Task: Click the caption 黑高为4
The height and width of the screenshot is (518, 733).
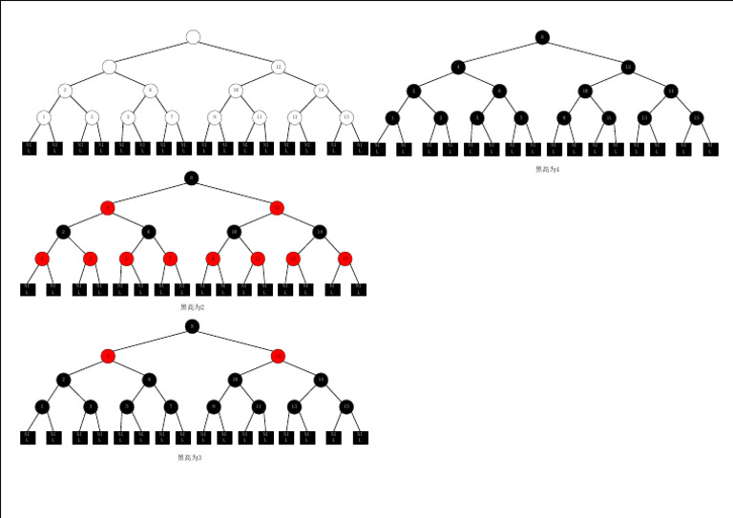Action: click(x=547, y=169)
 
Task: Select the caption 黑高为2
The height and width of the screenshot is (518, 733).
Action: click(x=192, y=307)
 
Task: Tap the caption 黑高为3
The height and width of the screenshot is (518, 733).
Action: click(x=190, y=458)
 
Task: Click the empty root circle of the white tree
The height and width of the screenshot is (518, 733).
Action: click(x=193, y=37)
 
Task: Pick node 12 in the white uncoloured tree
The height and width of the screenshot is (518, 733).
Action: click(x=278, y=67)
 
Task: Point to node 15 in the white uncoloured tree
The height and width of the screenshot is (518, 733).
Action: click(x=346, y=117)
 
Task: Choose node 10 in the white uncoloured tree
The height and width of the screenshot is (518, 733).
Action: click(x=235, y=91)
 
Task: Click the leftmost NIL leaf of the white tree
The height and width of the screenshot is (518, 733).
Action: click(x=30, y=148)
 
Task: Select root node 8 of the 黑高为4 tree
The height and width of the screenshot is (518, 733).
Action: click(x=542, y=37)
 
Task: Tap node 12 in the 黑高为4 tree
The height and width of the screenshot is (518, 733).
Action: click(x=627, y=67)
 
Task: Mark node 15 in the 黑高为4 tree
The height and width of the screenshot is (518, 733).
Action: click(x=697, y=117)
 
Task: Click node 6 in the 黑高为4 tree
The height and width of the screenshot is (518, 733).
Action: click(x=499, y=92)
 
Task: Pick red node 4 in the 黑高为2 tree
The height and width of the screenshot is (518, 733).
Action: click(x=107, y=207)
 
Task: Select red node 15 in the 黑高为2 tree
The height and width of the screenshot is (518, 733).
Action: click(x=345, y=259)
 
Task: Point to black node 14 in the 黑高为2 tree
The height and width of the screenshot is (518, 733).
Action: click(x=320, y=232)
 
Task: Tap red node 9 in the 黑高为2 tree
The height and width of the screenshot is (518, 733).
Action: click(x=213, y=259)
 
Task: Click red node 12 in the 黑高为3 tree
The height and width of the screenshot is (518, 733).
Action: click(x=278, y=356)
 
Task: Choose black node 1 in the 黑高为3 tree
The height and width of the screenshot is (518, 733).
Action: click(x=42, y=406)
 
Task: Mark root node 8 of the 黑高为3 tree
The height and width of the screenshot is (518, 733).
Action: click(x=192, y=326)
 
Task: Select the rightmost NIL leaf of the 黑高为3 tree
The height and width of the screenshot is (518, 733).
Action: click(x=360, y=437)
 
